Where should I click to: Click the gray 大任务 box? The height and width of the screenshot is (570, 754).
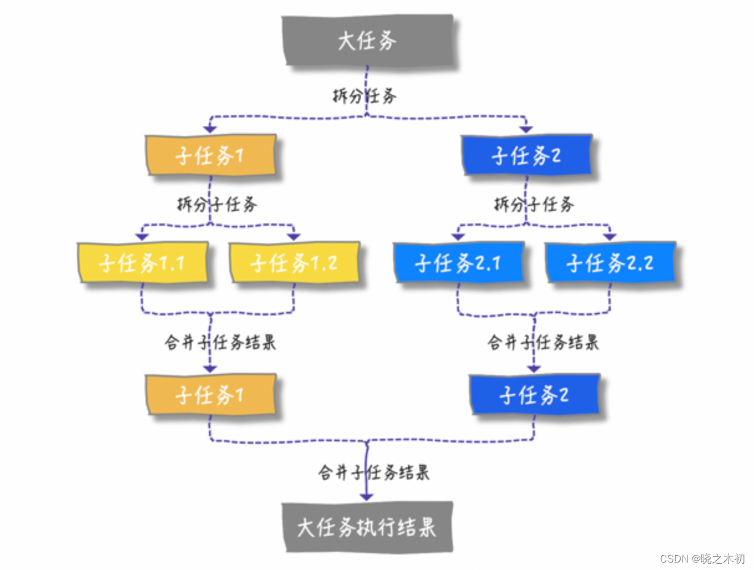369,40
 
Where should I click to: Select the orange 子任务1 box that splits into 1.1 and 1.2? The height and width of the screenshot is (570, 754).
210,156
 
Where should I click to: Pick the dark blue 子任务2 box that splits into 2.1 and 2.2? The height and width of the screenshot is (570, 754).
526,155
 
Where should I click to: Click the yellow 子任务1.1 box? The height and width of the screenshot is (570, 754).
142,263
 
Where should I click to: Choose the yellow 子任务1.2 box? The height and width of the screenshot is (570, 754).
294,263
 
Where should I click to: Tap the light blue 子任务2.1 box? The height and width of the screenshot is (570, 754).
458,263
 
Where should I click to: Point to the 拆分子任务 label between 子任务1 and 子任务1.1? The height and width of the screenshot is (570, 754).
216,205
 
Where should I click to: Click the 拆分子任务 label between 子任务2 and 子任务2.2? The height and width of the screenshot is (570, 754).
534,204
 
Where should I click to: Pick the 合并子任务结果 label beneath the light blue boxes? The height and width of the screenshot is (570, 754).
543,342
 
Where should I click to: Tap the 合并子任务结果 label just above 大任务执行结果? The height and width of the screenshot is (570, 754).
374,472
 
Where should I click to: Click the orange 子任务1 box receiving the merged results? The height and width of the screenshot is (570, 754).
210,395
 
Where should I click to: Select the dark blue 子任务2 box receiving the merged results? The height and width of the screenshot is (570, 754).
534,395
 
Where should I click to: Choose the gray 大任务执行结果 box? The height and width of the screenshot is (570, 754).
366,528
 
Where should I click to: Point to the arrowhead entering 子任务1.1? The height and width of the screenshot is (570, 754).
142,236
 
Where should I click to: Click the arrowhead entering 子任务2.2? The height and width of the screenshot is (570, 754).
610,236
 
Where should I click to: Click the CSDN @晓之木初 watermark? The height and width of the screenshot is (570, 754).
702,558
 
